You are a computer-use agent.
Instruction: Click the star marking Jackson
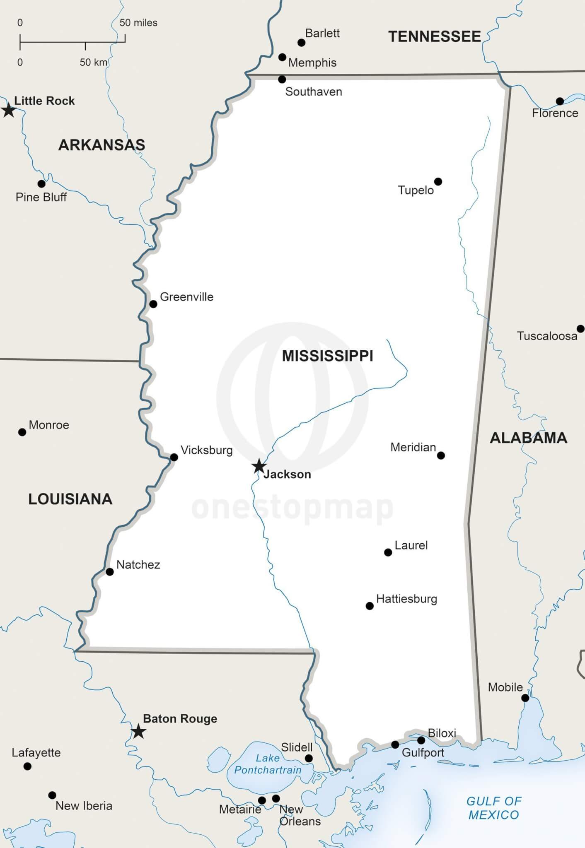point(259,466)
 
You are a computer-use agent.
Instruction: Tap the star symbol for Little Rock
point(8,110)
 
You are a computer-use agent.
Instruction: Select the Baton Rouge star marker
point(138,731)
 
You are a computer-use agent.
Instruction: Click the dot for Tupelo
point(438,181)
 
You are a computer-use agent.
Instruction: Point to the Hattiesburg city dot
point(370,606)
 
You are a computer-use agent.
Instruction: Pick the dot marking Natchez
point(110,572)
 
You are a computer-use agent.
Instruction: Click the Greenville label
point(186,297)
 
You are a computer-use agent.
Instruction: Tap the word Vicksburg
point(206,450)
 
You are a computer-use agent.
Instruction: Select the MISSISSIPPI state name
point(327,356)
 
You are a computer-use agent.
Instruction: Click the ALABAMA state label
point(528,438)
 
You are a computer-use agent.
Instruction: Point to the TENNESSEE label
point(434,37)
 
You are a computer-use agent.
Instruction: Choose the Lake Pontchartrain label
point(268,764)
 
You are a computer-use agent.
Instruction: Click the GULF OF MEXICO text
point(493,808)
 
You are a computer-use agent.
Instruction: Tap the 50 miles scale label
point(138,23)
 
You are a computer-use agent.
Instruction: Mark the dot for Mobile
point(525,698)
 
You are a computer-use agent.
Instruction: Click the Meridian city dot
point(441,455)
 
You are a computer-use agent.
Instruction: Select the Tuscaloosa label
point(547,336)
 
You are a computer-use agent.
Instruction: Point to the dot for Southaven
point(282,79)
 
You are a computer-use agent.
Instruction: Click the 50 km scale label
point(94,63)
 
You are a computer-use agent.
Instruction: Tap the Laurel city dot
point(388,552)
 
